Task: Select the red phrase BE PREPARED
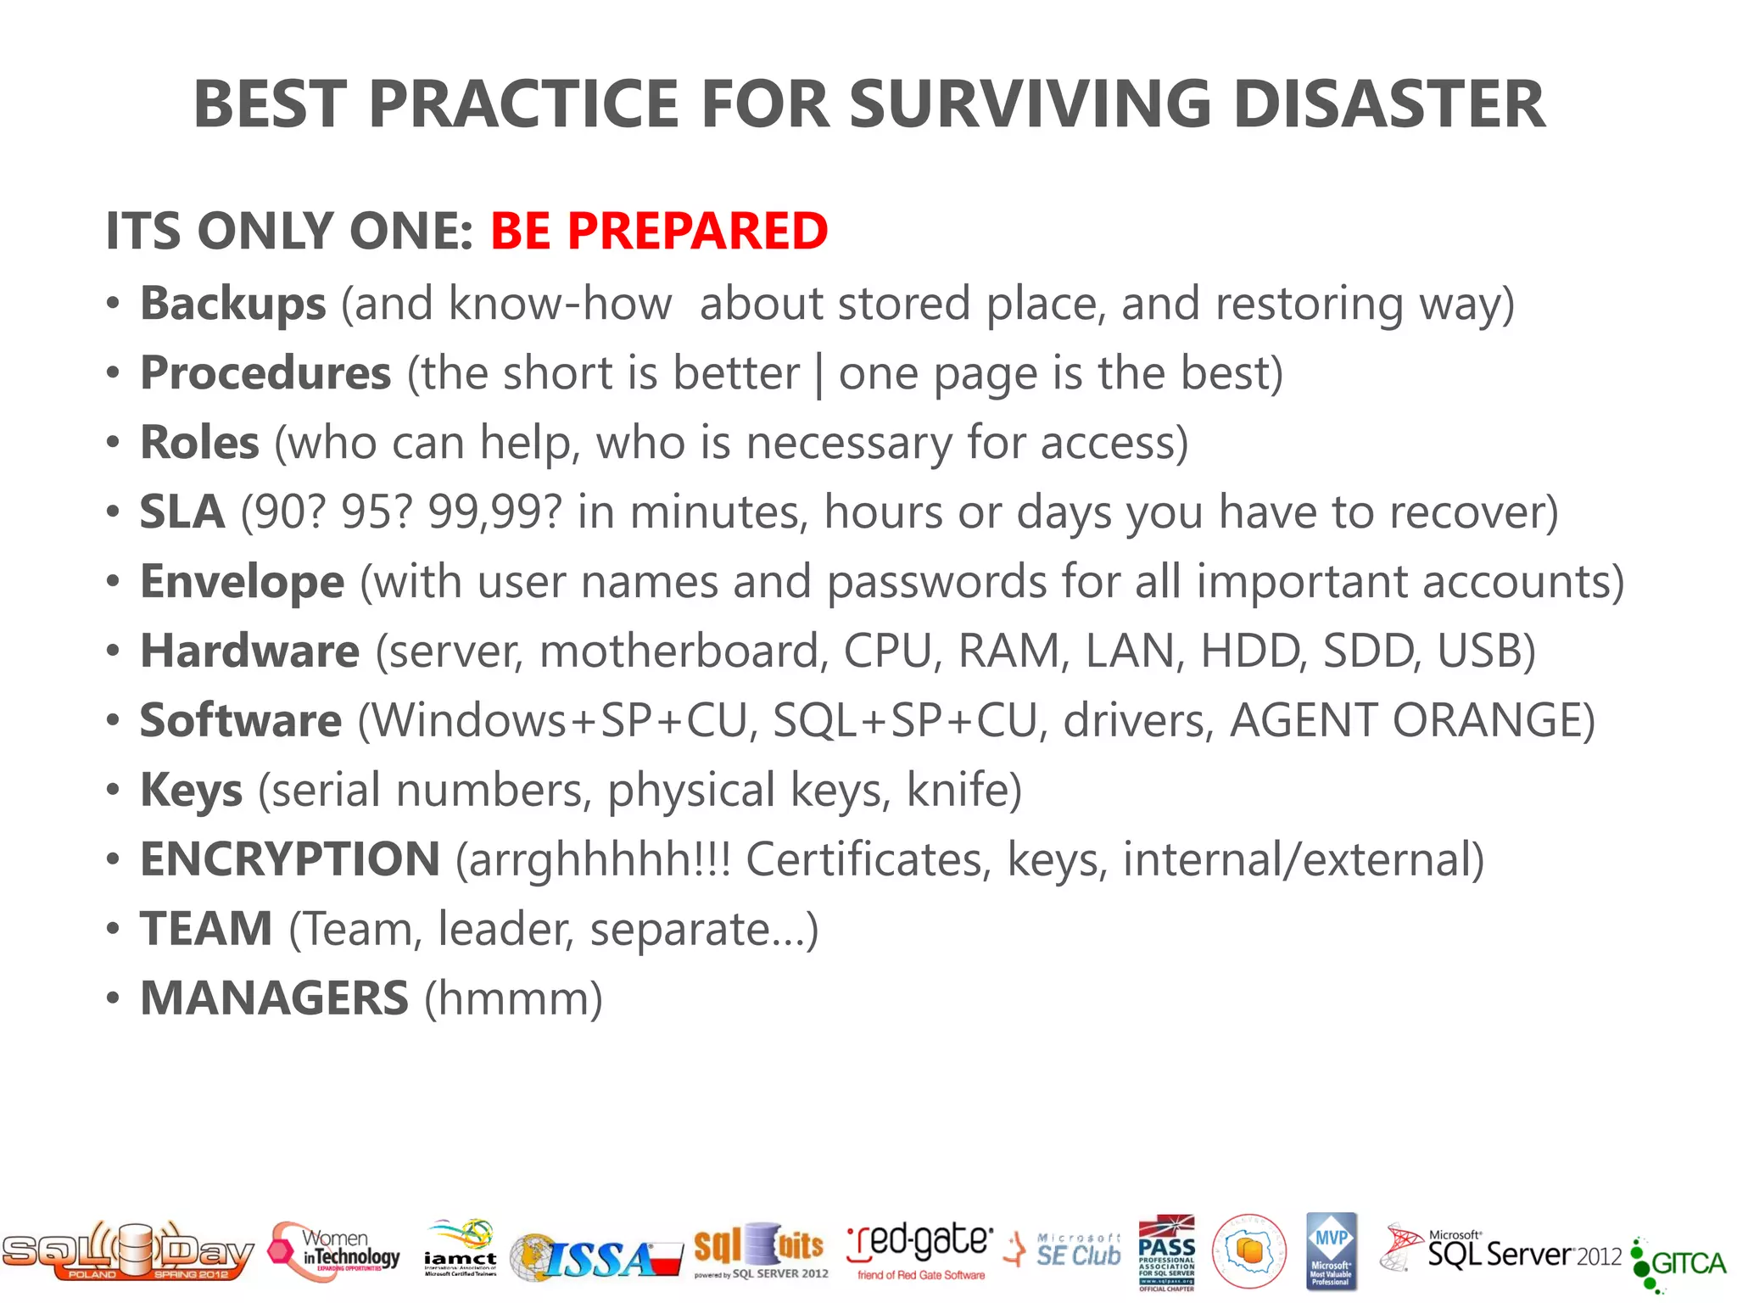point(659,231)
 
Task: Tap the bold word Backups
point(232,304)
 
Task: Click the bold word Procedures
point(265,373)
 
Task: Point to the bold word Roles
point(199,443)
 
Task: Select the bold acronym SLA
point(182,512)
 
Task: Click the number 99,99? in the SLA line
point(494,512)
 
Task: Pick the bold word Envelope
point(242,582)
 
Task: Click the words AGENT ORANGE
point(1405,721)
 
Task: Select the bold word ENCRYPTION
point(289,859)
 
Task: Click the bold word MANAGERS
point(274,998)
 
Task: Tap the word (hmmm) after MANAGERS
point(514,998)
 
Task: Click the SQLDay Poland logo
point(127,1252)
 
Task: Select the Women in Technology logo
point(334,1252)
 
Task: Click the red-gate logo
point(919,1250)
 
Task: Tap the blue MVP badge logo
point(1331,1251)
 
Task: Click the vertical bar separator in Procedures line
point(818,375)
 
